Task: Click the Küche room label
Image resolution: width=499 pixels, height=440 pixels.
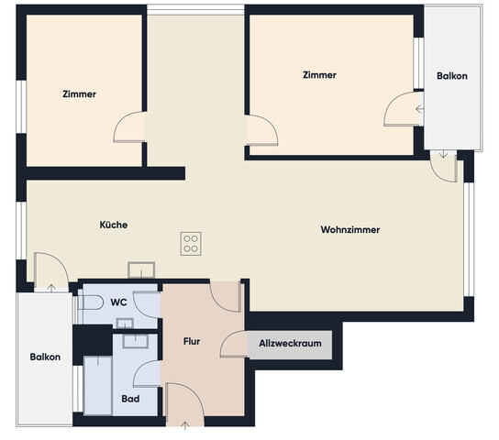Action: tap(114, 225)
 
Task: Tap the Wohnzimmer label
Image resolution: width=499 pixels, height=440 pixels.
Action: tap(350, 229)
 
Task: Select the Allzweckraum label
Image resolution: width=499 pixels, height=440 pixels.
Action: tap(290, 344)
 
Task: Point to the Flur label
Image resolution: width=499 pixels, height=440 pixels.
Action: tap(192, 343)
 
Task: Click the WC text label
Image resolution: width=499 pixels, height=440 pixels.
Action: tap(118, 302)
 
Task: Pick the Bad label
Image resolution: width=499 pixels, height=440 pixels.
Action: tap(130, 400)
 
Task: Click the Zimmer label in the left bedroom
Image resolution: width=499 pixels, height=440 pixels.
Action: tap(80, 93)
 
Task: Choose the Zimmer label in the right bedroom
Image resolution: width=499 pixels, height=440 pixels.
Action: tap(319, 75)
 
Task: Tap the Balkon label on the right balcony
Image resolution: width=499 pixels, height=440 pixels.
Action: tap(452, 76)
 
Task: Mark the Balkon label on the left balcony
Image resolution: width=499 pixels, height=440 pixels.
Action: tap(45, 357)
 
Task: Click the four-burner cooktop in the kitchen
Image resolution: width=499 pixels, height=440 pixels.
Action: tap(191, 243)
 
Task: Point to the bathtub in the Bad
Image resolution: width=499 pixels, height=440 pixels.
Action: tap(95, 386)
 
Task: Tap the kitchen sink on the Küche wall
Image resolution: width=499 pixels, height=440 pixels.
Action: tap(141, 269)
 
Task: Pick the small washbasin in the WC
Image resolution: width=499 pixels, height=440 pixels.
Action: tap(126, 322)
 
